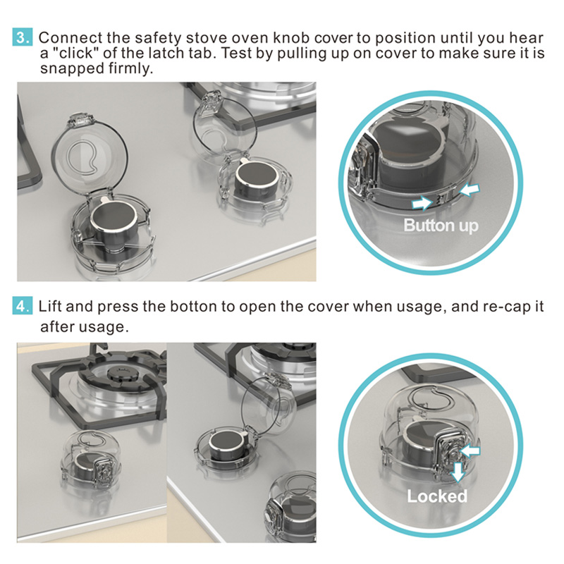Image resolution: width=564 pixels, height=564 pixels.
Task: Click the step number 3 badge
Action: [23, 37]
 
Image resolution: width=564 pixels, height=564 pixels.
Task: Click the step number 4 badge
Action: [23, 306]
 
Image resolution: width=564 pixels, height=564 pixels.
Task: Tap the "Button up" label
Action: [441, 226]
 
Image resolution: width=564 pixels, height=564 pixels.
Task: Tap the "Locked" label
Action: [437, 496]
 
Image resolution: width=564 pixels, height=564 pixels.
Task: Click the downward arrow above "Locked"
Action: [458, 472]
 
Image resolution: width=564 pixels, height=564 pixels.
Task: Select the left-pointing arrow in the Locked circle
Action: [470, 450]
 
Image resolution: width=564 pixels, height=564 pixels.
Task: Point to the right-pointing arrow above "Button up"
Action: [422, 202]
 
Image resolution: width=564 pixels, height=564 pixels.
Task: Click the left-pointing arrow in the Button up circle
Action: [470, 189]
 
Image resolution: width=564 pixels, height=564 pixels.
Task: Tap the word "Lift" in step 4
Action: [50, 306]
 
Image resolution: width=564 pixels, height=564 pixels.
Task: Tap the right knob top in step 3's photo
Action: [257, 176]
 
